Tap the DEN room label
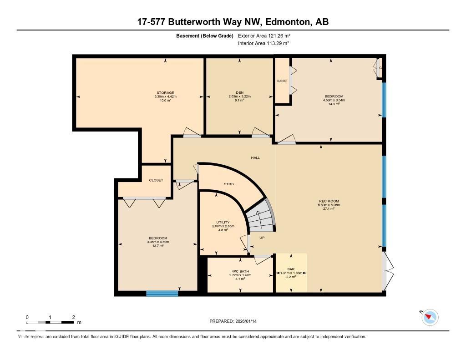pyautogui.click(x=240, y=93)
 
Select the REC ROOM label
pyautogui.click(x=329, y=201)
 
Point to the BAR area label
pyautogui.click(x=291, y=269)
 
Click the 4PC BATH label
pyautogui.click(x=240, y=272)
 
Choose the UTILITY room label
pyautogui.click(x=223, y=223)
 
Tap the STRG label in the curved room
pyautogui.click(x=229, y=184)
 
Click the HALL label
pyautogui.click(x=255, y=157)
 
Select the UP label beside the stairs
pyautogui.click(x=262, y=238)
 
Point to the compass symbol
pyautogui.click(x=430, y=317)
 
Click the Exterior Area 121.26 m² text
pyautogui.click(x=264, y=35)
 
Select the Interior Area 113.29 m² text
pyautogui.click(x=263, y=43)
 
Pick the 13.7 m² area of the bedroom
pyautogui.click(x=157, y=246)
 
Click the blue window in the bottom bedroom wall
pyautogui.click(x=162, y=294)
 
